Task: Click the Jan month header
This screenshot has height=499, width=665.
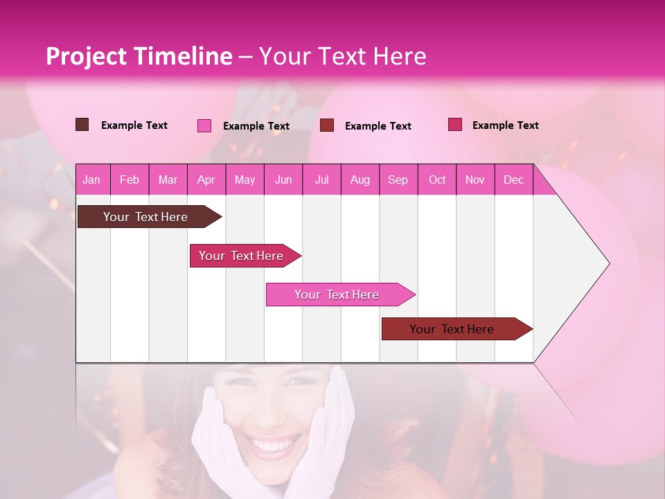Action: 91,180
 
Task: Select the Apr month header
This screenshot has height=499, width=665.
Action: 206,180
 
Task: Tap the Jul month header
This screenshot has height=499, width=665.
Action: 321,180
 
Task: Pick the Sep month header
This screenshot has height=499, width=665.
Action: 398,180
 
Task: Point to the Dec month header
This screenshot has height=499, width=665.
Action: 513,180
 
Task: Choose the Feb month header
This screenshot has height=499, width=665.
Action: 130,180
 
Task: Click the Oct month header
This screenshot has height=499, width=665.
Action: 437,180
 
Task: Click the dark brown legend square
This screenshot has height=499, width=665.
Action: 82,125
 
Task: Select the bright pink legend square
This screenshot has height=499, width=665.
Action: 204,125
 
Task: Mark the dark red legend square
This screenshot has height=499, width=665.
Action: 327,125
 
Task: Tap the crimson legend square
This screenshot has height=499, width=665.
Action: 455,125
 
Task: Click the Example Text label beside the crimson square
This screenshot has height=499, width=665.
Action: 505,125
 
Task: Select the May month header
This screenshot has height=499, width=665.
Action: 245,180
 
